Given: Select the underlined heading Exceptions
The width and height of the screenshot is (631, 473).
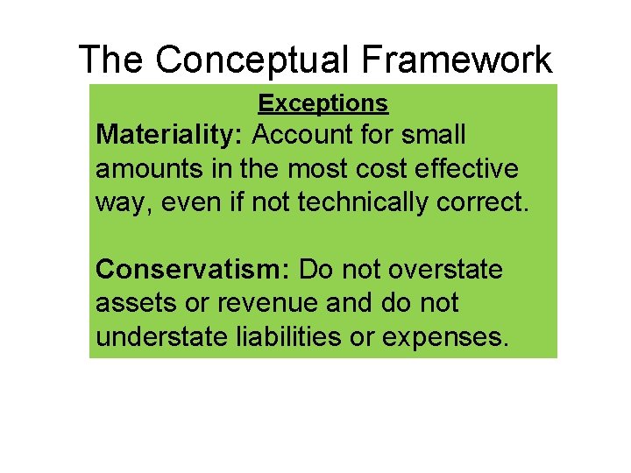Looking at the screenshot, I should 323,103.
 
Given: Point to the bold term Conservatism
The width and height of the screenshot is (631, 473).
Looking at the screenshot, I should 194,270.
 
